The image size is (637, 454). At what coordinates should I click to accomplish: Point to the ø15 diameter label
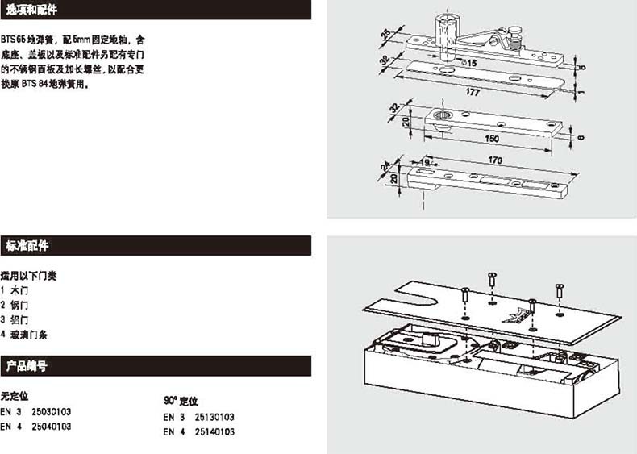468,62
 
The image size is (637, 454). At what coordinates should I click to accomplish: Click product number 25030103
51,412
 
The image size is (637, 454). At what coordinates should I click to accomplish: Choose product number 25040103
51,427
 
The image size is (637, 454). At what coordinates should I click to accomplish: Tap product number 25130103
214,417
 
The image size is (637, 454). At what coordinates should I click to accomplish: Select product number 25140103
214,432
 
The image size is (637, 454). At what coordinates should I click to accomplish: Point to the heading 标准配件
27,246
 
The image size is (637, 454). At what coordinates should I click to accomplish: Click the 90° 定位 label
181,401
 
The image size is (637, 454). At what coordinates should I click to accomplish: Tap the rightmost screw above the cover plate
557,290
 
